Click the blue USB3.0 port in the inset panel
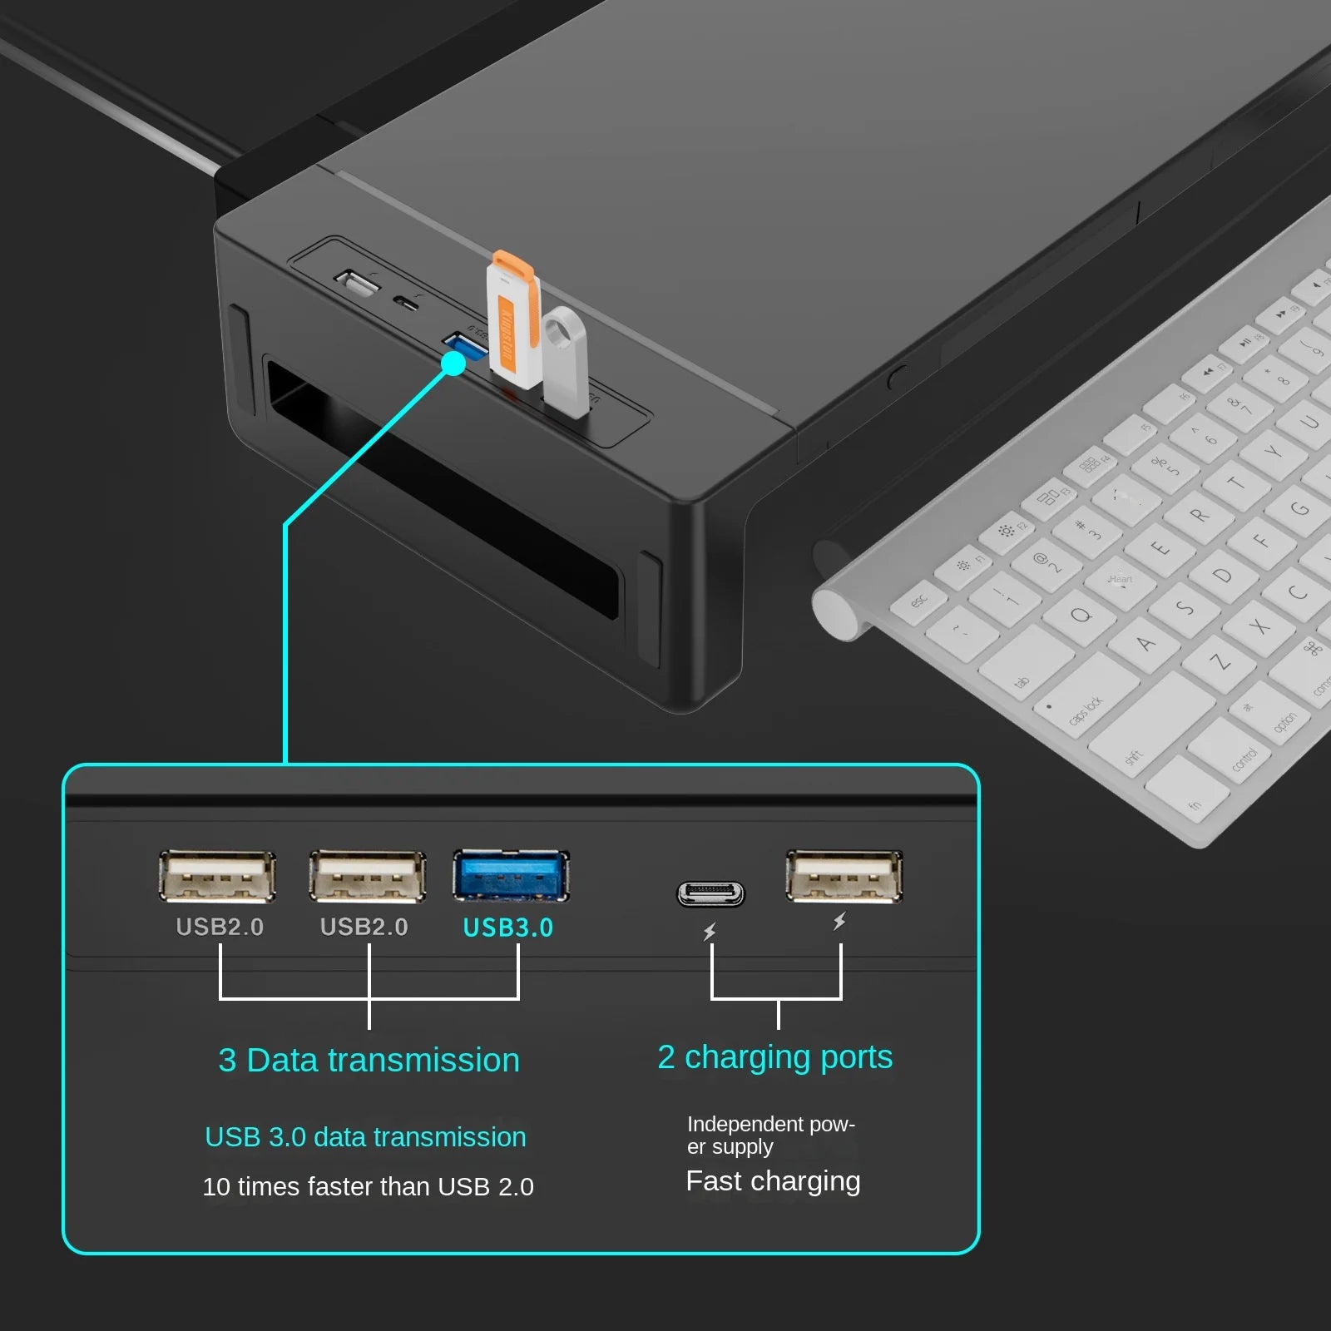click(511, 876)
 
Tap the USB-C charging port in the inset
click(710, 894)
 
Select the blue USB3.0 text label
click(507, 928)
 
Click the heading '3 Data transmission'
click(369, 1061)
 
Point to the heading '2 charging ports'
click(774, 1057)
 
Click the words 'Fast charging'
click(773, 1181)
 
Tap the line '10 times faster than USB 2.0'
click(368, 1187)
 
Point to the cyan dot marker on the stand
click(453, 364)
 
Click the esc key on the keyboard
click(919, 600)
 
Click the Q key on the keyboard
click(1080, 616)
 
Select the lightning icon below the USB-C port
click(710, 933)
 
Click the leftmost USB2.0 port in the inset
click(217, 876)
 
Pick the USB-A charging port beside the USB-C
click(844, 876)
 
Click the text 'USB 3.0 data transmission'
click(365, 1137)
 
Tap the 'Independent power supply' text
click(769, 1136)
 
